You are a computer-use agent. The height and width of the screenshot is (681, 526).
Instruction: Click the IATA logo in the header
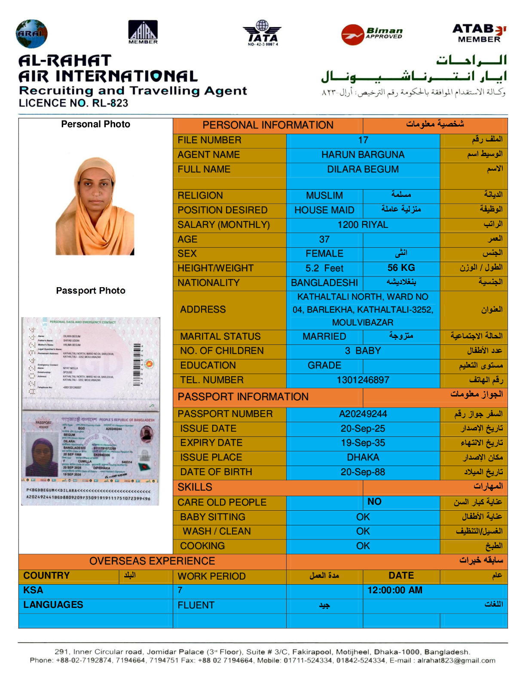pyautogui.click(x=263, y=33)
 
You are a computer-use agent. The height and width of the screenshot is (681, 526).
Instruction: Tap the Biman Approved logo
pyautogui.click(x=372, y=34)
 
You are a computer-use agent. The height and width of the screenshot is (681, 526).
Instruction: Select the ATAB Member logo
pyautogui.click(x=479, y=33)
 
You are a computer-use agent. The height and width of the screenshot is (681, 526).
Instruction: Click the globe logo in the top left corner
pyautogui.click(x=31, y=34)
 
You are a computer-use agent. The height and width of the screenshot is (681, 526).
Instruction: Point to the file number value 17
pyautogui.click(x=363, y=140)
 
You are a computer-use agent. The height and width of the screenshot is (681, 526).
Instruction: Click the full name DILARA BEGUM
pyautogui.click(x=363, y=169)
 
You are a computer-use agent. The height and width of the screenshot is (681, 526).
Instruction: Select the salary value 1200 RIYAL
pyautogui.click(x=363, y=225)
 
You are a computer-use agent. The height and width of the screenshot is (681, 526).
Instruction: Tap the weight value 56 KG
pyautogui.click(x=401, y=268)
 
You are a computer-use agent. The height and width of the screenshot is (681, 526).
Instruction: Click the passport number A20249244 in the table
pyautogui.click(x=363, y=414)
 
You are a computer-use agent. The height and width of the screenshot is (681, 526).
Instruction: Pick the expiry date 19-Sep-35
pyautogui.click(x=363, y=443)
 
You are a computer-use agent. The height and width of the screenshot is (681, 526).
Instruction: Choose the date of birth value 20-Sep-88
pyautogui.click(x=363, y=472)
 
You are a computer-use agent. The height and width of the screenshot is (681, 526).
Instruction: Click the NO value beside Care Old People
pyautogui.click(x=374, y=502)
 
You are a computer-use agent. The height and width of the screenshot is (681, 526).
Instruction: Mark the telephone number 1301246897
pyautogui.click(x=363, y=380)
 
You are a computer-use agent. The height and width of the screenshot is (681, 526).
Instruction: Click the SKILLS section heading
pyautogui.click(x=195, y=487)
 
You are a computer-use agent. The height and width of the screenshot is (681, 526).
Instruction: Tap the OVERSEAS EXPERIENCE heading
pyautogui.click(x=152, y=561)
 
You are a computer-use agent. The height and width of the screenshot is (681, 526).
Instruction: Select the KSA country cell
pyautogui.click(x=33, y=590)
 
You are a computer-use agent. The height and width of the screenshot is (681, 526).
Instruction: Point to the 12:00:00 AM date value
pyautogui.click(x=394, y=590)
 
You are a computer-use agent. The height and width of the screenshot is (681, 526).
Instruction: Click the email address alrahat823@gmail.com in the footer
pyautogui.click(x=456, y=660)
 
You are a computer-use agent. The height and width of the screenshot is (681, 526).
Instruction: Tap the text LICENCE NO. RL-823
pyautogui.click(x=73, y=103)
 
